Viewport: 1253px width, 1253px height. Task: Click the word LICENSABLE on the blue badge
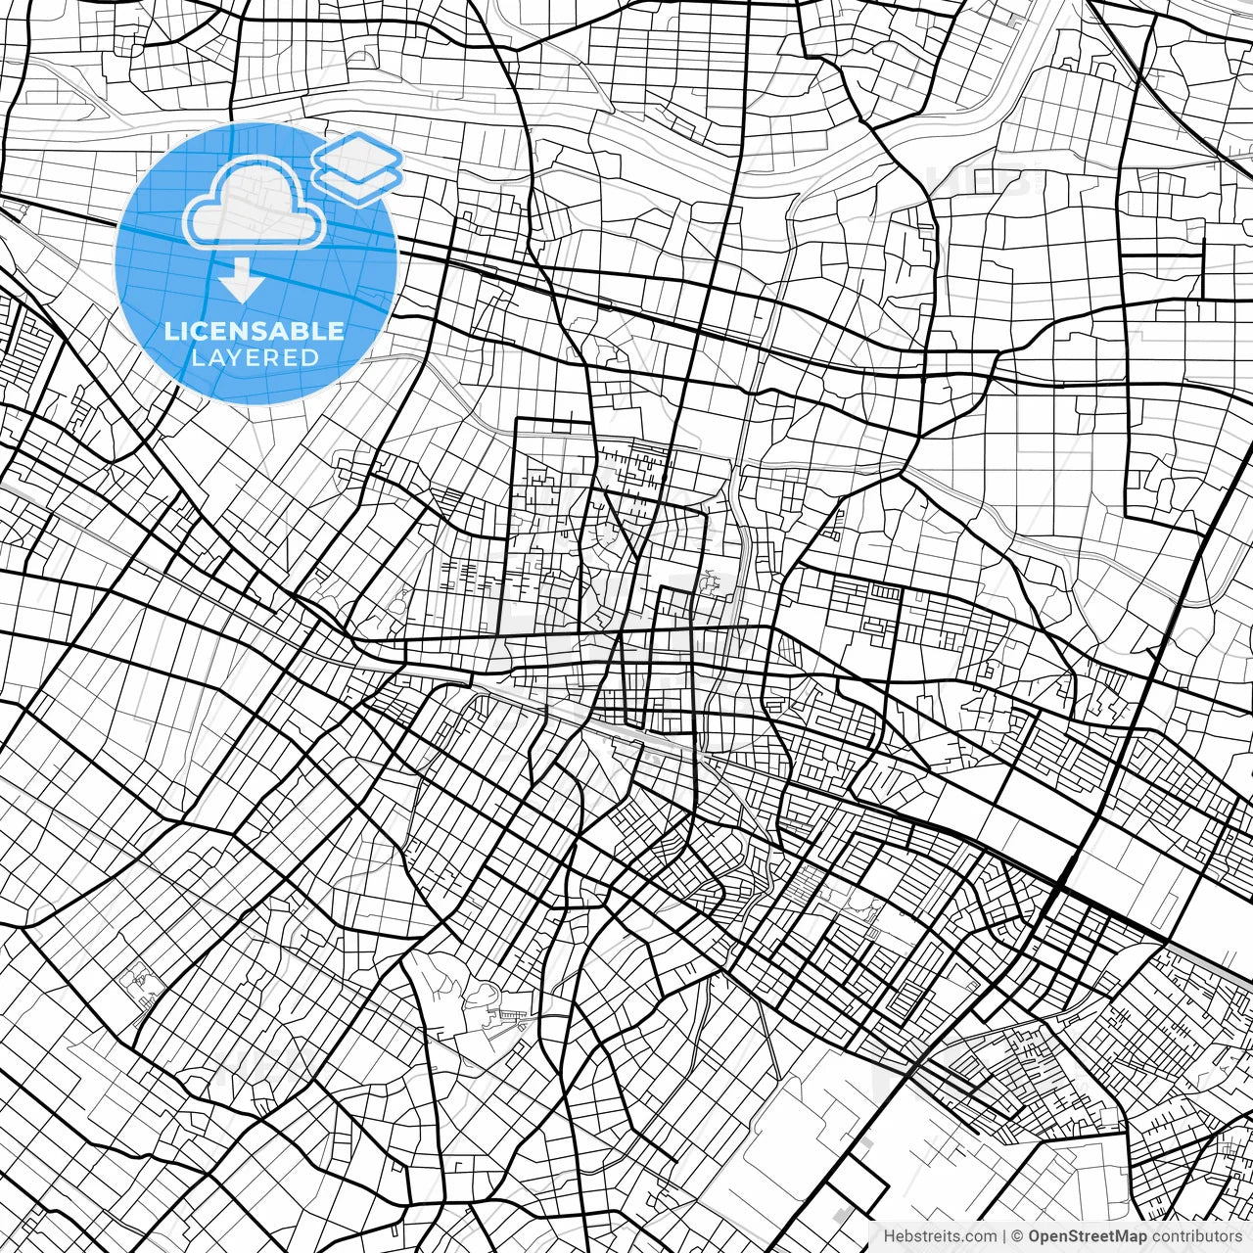255,331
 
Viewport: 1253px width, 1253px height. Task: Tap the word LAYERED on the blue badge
255,358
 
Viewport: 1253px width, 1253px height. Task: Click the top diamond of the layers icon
358,154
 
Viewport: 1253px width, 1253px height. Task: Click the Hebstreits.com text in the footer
940,1236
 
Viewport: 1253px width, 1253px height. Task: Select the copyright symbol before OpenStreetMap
1018,1236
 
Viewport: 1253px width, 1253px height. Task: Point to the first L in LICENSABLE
170,331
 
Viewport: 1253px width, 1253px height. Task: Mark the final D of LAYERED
310,358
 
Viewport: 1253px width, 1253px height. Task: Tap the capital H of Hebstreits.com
889,1236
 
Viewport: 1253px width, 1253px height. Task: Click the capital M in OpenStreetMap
1126,1236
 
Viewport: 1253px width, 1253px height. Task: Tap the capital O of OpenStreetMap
1036,1236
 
